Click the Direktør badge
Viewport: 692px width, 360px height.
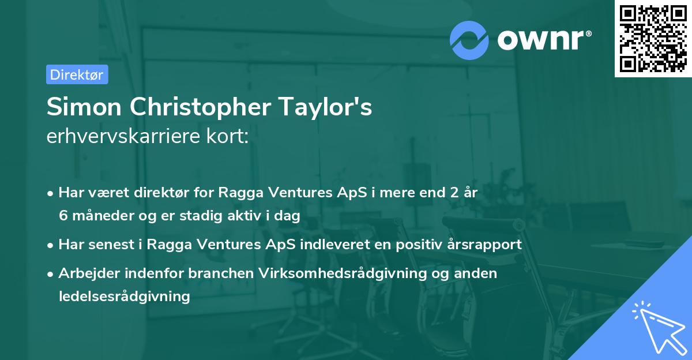(x=77, y=74)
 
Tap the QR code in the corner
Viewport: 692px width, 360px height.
(x=653, y=38)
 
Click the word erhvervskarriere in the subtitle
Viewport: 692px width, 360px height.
(x=118, y=136)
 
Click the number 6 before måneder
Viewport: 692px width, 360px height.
(x=63, y=216)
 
